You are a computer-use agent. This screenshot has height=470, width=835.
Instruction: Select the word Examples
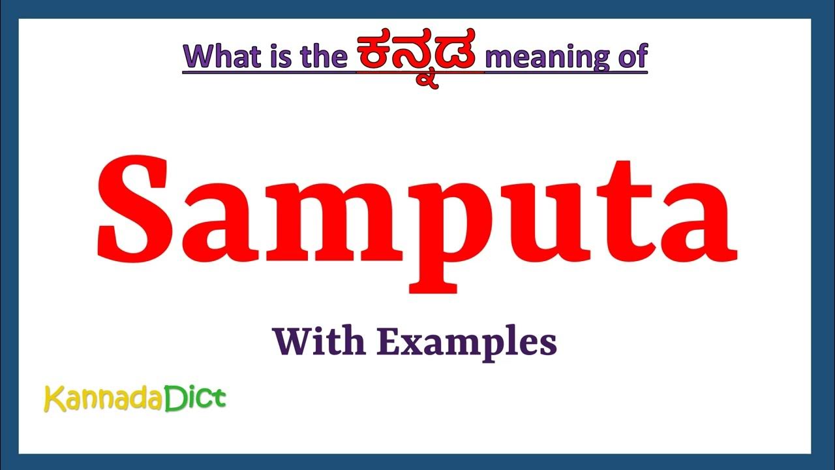467,342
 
